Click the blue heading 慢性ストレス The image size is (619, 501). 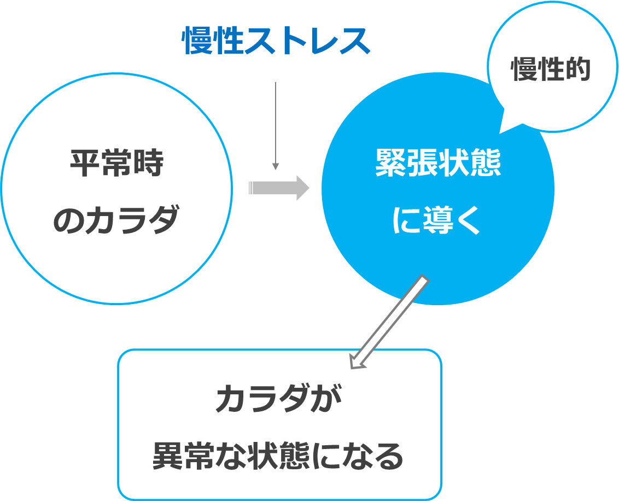(276, 42)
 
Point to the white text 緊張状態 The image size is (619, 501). (437, 163)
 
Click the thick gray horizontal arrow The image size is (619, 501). (278, 188)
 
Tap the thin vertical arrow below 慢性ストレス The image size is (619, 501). (276, 126)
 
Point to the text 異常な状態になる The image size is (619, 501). (278, 456)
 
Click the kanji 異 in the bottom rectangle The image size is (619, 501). (167, 456)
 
